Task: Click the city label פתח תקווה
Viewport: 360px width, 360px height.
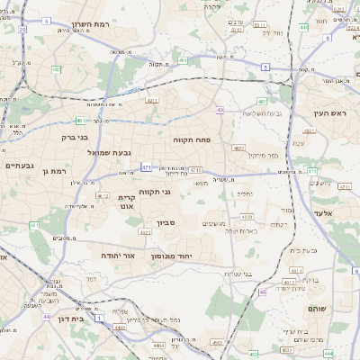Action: tap(193, 139)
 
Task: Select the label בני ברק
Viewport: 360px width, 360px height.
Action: tap(74, 138)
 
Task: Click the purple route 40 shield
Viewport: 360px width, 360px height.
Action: tap(220, 110)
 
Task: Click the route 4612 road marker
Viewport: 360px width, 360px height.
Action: tap(103, 195)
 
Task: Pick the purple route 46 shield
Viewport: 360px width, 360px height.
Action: tap(263, 292)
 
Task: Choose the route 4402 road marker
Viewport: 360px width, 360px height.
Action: tap(120, 327)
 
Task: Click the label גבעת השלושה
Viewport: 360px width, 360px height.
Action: tap(261, 112)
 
